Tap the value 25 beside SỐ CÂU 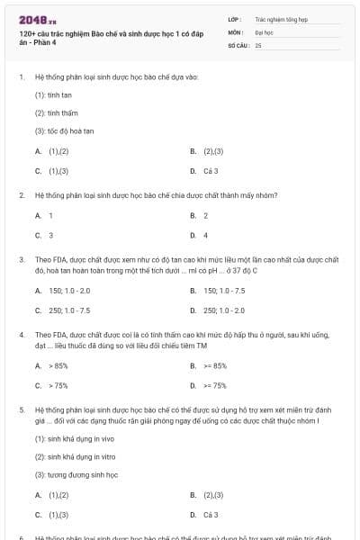[257, 43]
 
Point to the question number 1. [21, 77]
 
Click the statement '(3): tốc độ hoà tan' [59, 130]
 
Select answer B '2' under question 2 [205, 216]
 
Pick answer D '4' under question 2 [205, 235]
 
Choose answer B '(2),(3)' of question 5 [213, 495]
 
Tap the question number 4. [21, 334]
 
